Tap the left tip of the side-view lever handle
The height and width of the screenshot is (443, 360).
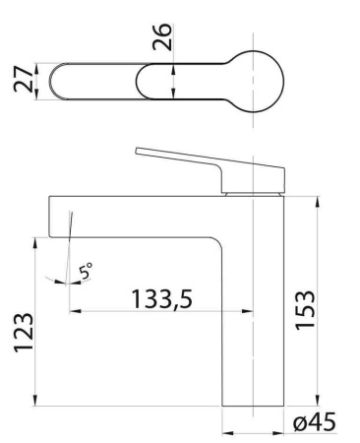(138, 152)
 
